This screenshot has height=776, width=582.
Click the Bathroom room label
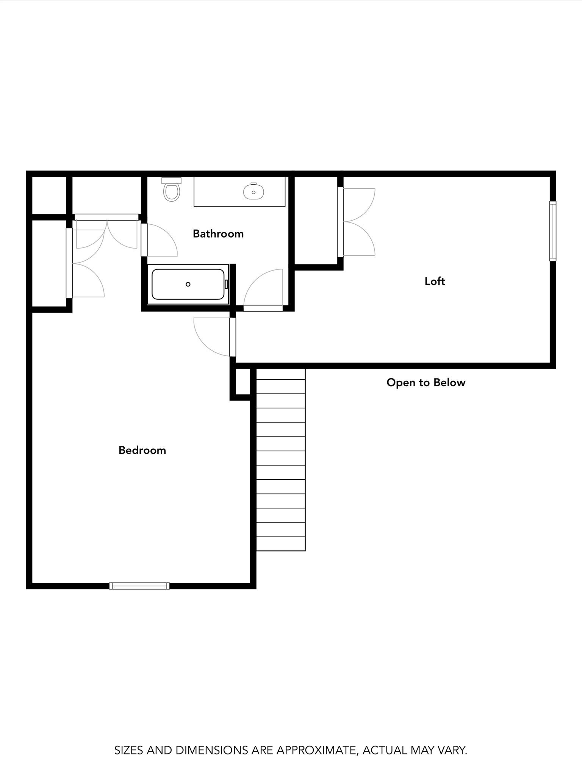(218, 234)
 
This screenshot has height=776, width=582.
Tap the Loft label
(434, 281)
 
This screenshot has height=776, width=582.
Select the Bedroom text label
(142, 450)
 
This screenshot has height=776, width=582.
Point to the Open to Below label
(426, 382)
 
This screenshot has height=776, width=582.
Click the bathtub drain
(188, 284)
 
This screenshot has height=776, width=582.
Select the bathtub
(188, 284)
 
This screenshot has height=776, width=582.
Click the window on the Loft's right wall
(553, 231)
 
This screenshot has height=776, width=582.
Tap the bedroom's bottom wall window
(139, 586)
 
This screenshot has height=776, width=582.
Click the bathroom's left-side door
(144, 240)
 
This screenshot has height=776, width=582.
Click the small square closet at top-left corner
(49, 195)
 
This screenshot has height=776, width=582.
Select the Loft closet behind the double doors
(316, 220)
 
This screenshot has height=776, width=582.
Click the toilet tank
(172, 180)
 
